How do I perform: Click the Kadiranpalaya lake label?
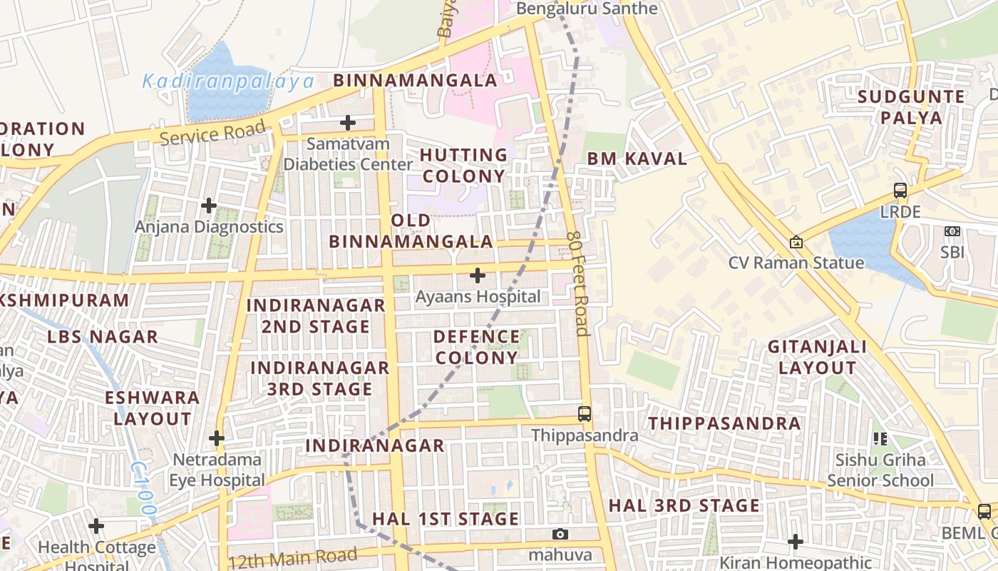pyautogui.click(x=228, y=81)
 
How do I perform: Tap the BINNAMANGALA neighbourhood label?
pyautogui.click(x=416, y=80)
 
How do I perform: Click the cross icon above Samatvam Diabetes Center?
pyautogui.click(x=348, y=123)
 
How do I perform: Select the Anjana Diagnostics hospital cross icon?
pyautogui.click(x=209, y=206)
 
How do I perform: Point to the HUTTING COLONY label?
pyautogui.click(x=463, y=165)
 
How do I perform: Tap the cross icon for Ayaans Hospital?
pyautogui.click(x=478, y=276)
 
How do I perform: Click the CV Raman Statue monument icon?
pyautogui.click(x=796, y=243)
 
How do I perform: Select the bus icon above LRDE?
pyautogui.click(x=900, y=191)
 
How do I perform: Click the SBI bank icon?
pyautogui.click(x=952, y=231)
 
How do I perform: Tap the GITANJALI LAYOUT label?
pyautogui.click(x=817, y=358)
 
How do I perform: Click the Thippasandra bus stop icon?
pyautogui.click(x=585, y=413)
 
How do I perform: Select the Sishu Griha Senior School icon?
pyautogui.click(x=880, y=438)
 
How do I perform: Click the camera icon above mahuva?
pyautogui.click(x=560, y=534)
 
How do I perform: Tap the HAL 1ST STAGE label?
pyautogui.click(x=446, y=519)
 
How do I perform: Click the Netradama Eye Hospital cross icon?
pyautogui.click(x=217, y=438)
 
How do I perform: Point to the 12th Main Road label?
pyautogui.click(x=293, y=559)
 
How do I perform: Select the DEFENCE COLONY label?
pyautogui.click(x=476, y=347)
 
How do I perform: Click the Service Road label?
pyautogui.click(x=212, y=133)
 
